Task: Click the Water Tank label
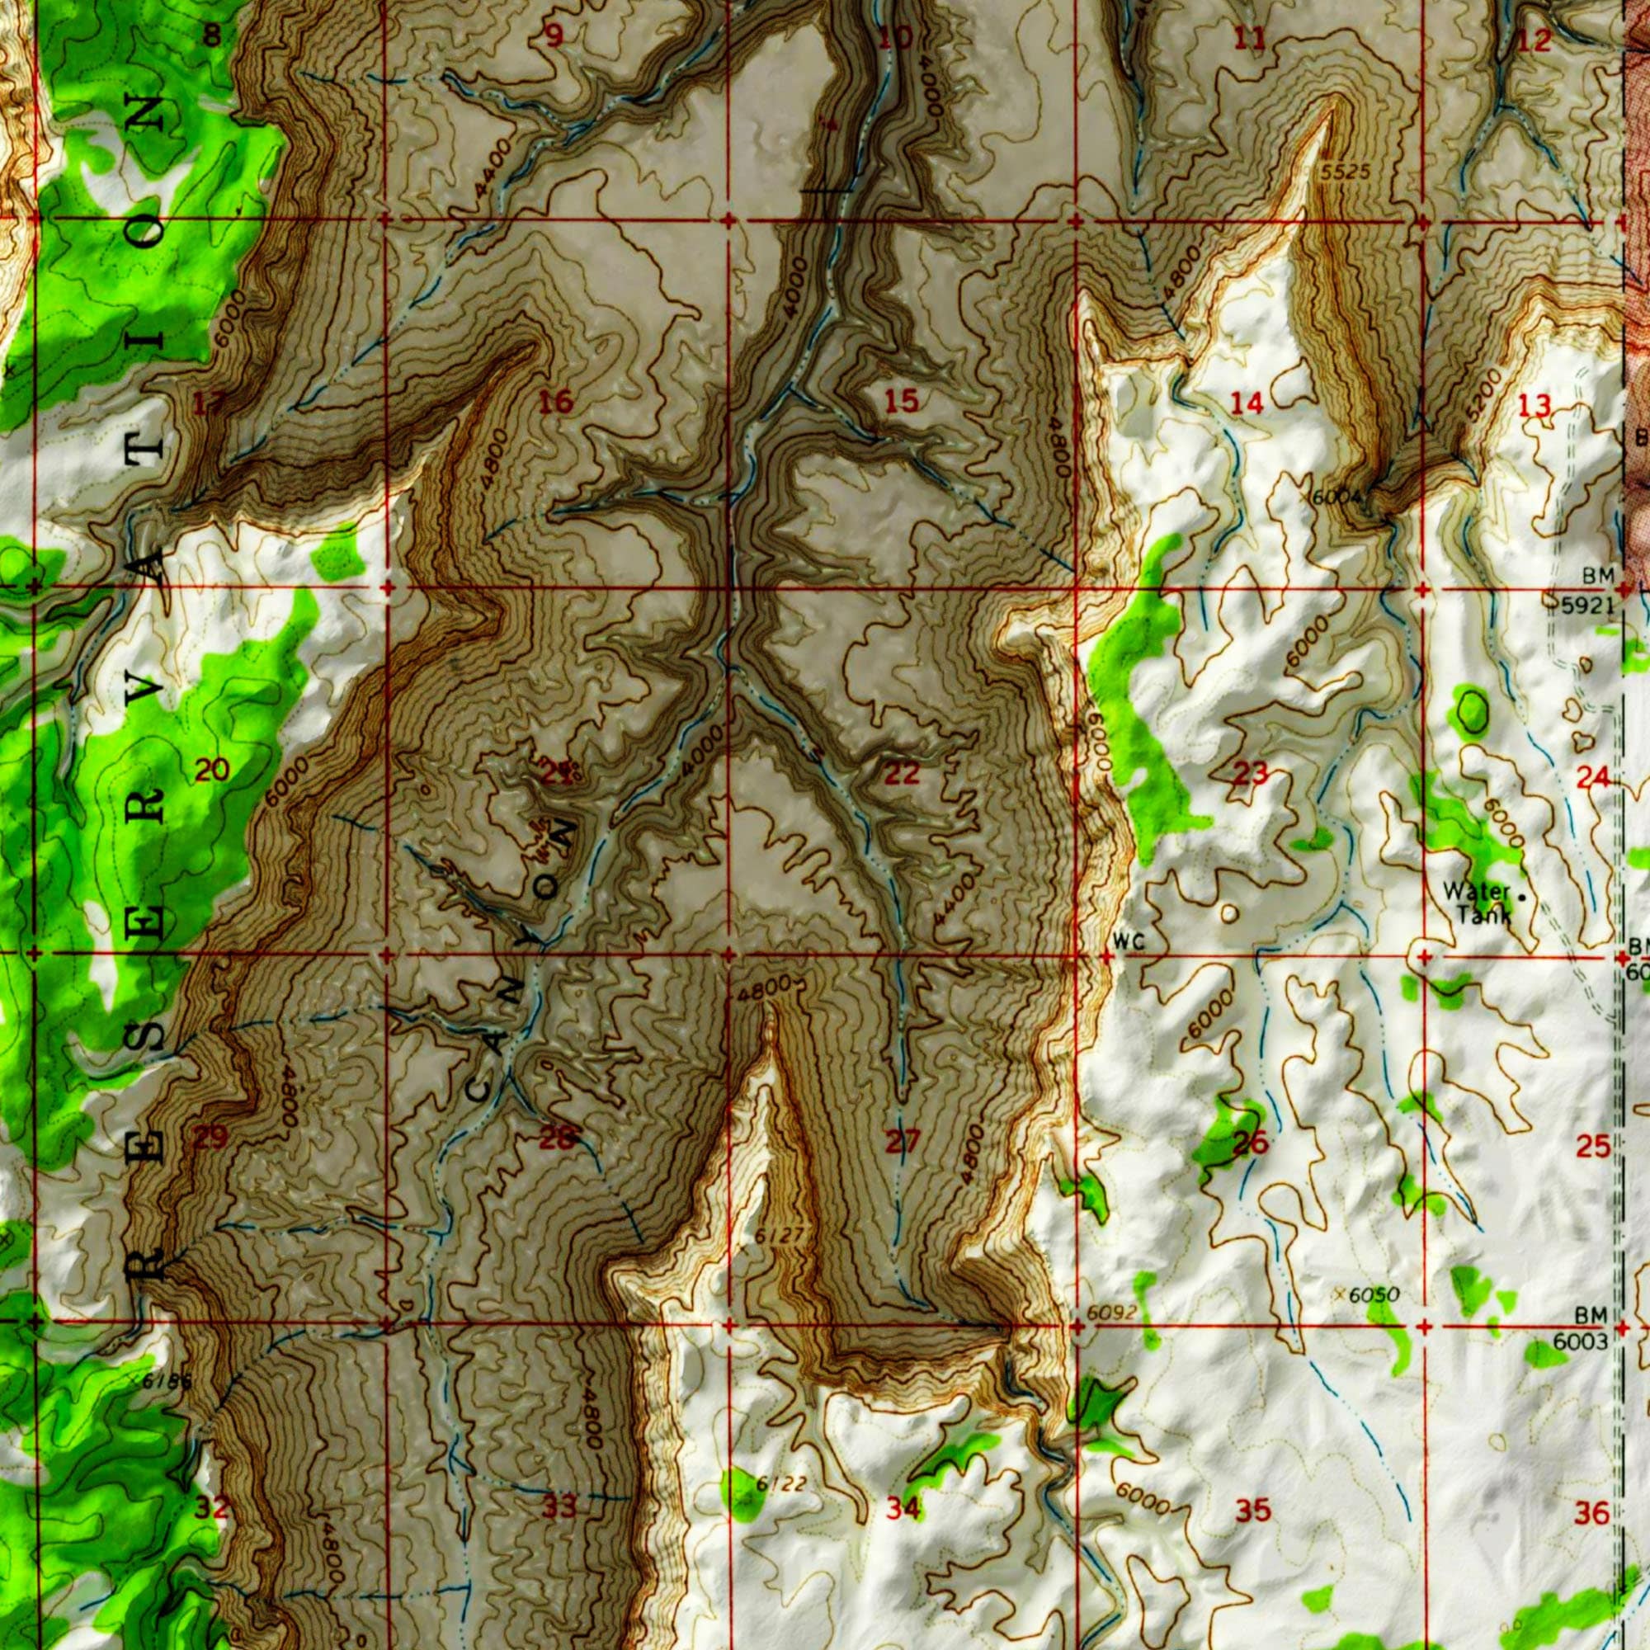(x=1477, y=903)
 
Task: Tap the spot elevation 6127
(x=780, y=1236)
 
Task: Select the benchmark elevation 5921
(x=1588, y=606)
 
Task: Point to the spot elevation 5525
(x=1345, y=173)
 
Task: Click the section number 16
(x=556, y=402)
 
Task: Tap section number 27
(x=902, y=1141)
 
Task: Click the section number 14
(x=1247, y=403)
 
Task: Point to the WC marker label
(x=1127, y=942)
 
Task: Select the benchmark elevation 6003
(x=1580, y=1341)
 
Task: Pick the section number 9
(x=555, y=37)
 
